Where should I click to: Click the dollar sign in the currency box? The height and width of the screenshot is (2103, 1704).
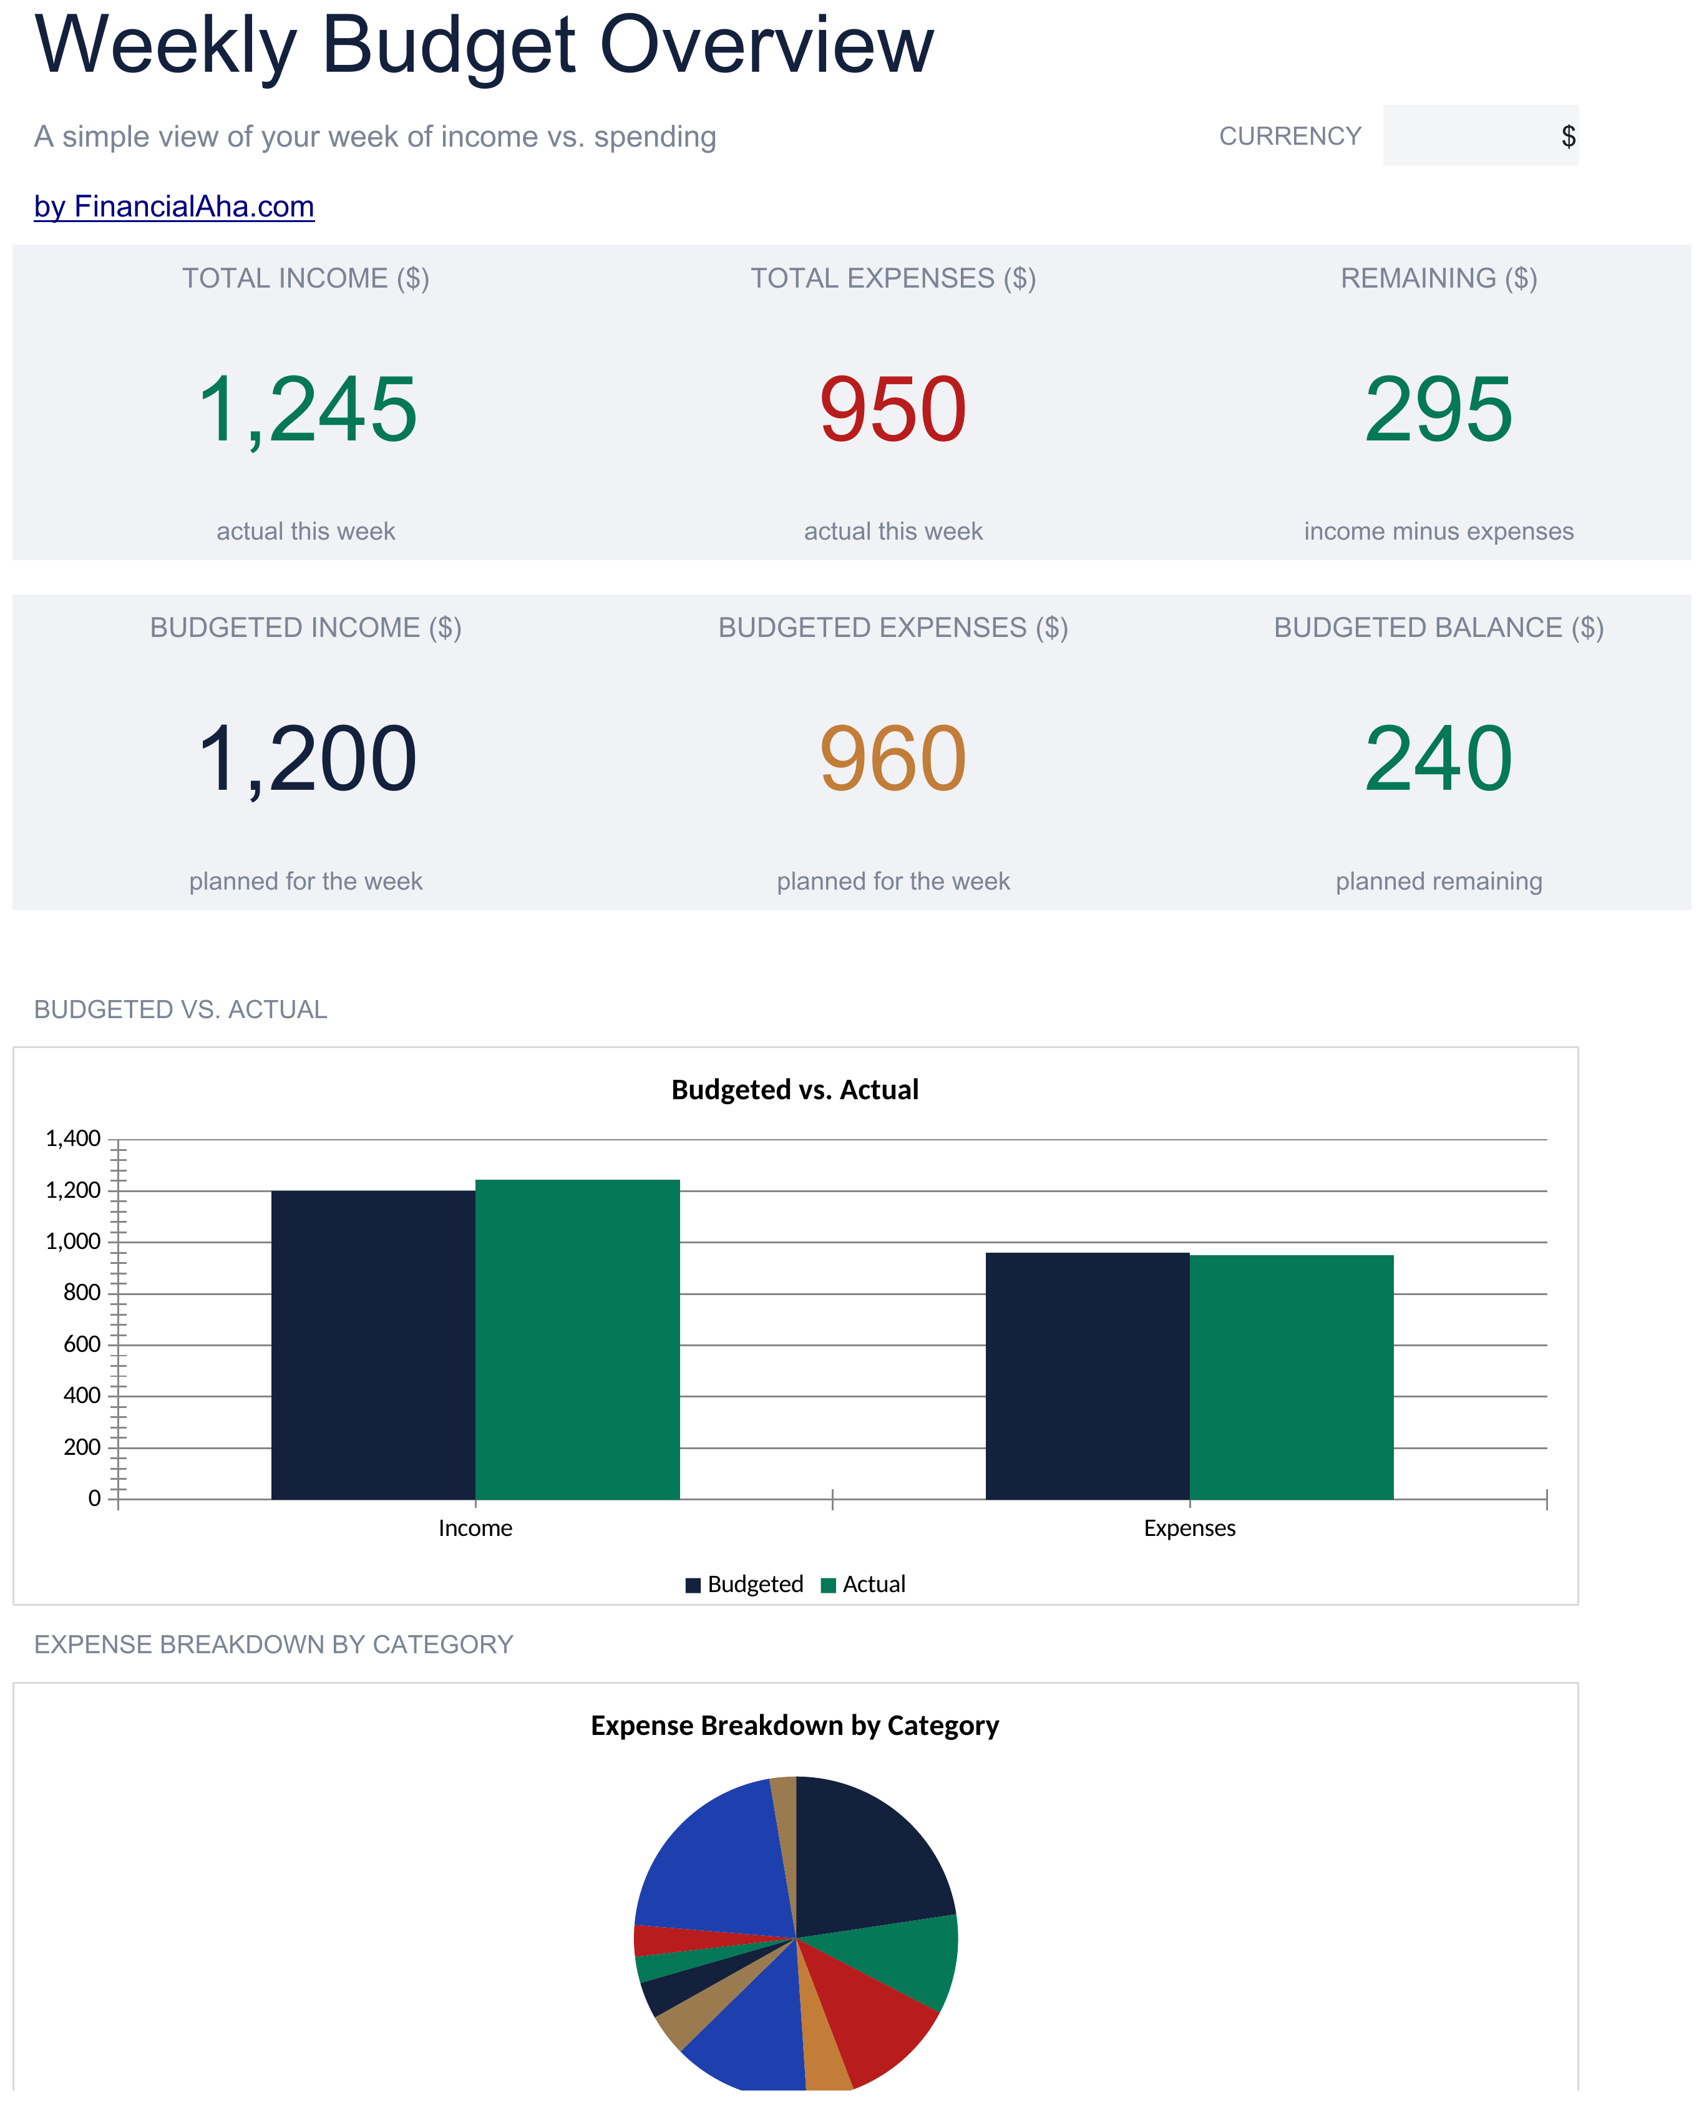pos(1567,137)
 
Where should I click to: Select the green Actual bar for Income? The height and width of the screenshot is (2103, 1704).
pos(577,1339)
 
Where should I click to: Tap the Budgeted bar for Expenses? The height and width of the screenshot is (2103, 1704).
pos(1088,1376)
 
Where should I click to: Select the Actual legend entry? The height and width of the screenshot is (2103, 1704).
pos(863,1585)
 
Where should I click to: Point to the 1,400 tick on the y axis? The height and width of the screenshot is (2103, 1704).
pos(72,1139)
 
